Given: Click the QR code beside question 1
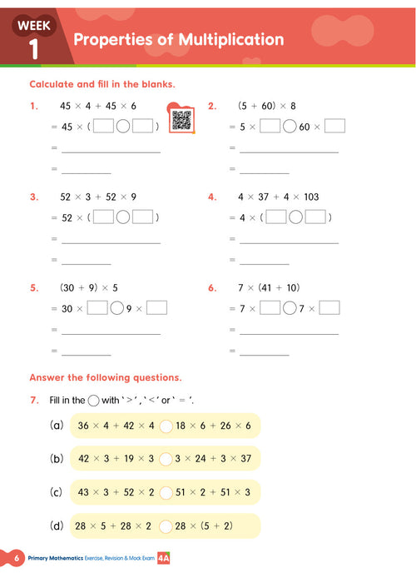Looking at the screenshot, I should pyautogui.click(x=181, y=119).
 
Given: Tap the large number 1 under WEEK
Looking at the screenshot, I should pyautogui.click(x=34, y=47).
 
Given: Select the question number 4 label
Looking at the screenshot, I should pyautogui.click(x=212, y=197).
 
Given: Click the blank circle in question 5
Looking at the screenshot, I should pyautogui.click(x=116, y=308).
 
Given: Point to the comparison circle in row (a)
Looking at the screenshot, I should pyautogui.click(x=166, y=426).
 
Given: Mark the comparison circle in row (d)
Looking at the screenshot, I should pyautogui.click(x=166, y=526).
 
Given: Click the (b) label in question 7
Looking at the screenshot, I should pyautogui.click(x=57, y=459).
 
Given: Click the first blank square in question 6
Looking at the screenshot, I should pyautogui.click(x=270, y=308).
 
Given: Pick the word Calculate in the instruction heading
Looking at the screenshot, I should pyautogui.click(x=55, y=85).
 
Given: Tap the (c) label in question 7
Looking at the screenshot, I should pyautogui.click(x=57, y=492).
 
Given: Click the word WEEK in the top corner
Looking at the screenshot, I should pyautogui.click(x=34, y=26).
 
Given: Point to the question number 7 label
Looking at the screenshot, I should pyautogui.click(x=34, y=400).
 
